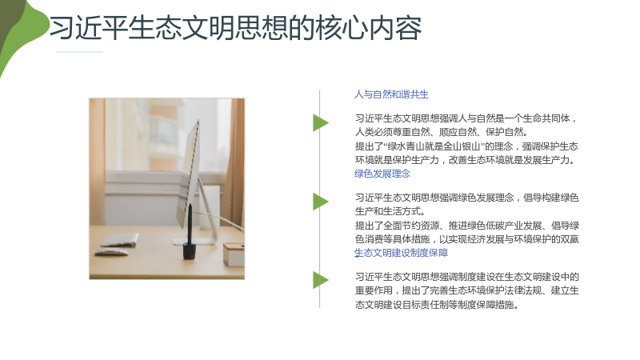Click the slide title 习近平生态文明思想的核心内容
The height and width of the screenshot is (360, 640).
(235, 28)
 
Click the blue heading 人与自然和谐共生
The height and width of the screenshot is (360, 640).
(391, 94)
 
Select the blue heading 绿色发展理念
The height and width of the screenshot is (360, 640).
(382, 174)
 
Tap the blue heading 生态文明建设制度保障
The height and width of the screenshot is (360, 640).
(401, 253)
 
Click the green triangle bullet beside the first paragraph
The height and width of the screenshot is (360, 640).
(321, 122)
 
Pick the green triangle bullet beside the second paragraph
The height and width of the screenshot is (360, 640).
(321, 202)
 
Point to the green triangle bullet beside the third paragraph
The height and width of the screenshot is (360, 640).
(321, 280)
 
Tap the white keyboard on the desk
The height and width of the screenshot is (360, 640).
(119, 239)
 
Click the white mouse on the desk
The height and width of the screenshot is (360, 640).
(111, 252)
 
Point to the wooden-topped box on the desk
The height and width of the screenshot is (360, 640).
(234, 254)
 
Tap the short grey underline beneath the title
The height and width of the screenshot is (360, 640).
(79, 52)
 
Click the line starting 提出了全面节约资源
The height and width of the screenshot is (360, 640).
(467, 226)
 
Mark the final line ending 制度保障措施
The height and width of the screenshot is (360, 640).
(436, 305)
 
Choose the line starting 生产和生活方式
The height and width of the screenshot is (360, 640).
(390, 211)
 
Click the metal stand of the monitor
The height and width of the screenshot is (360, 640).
(206, 214)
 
